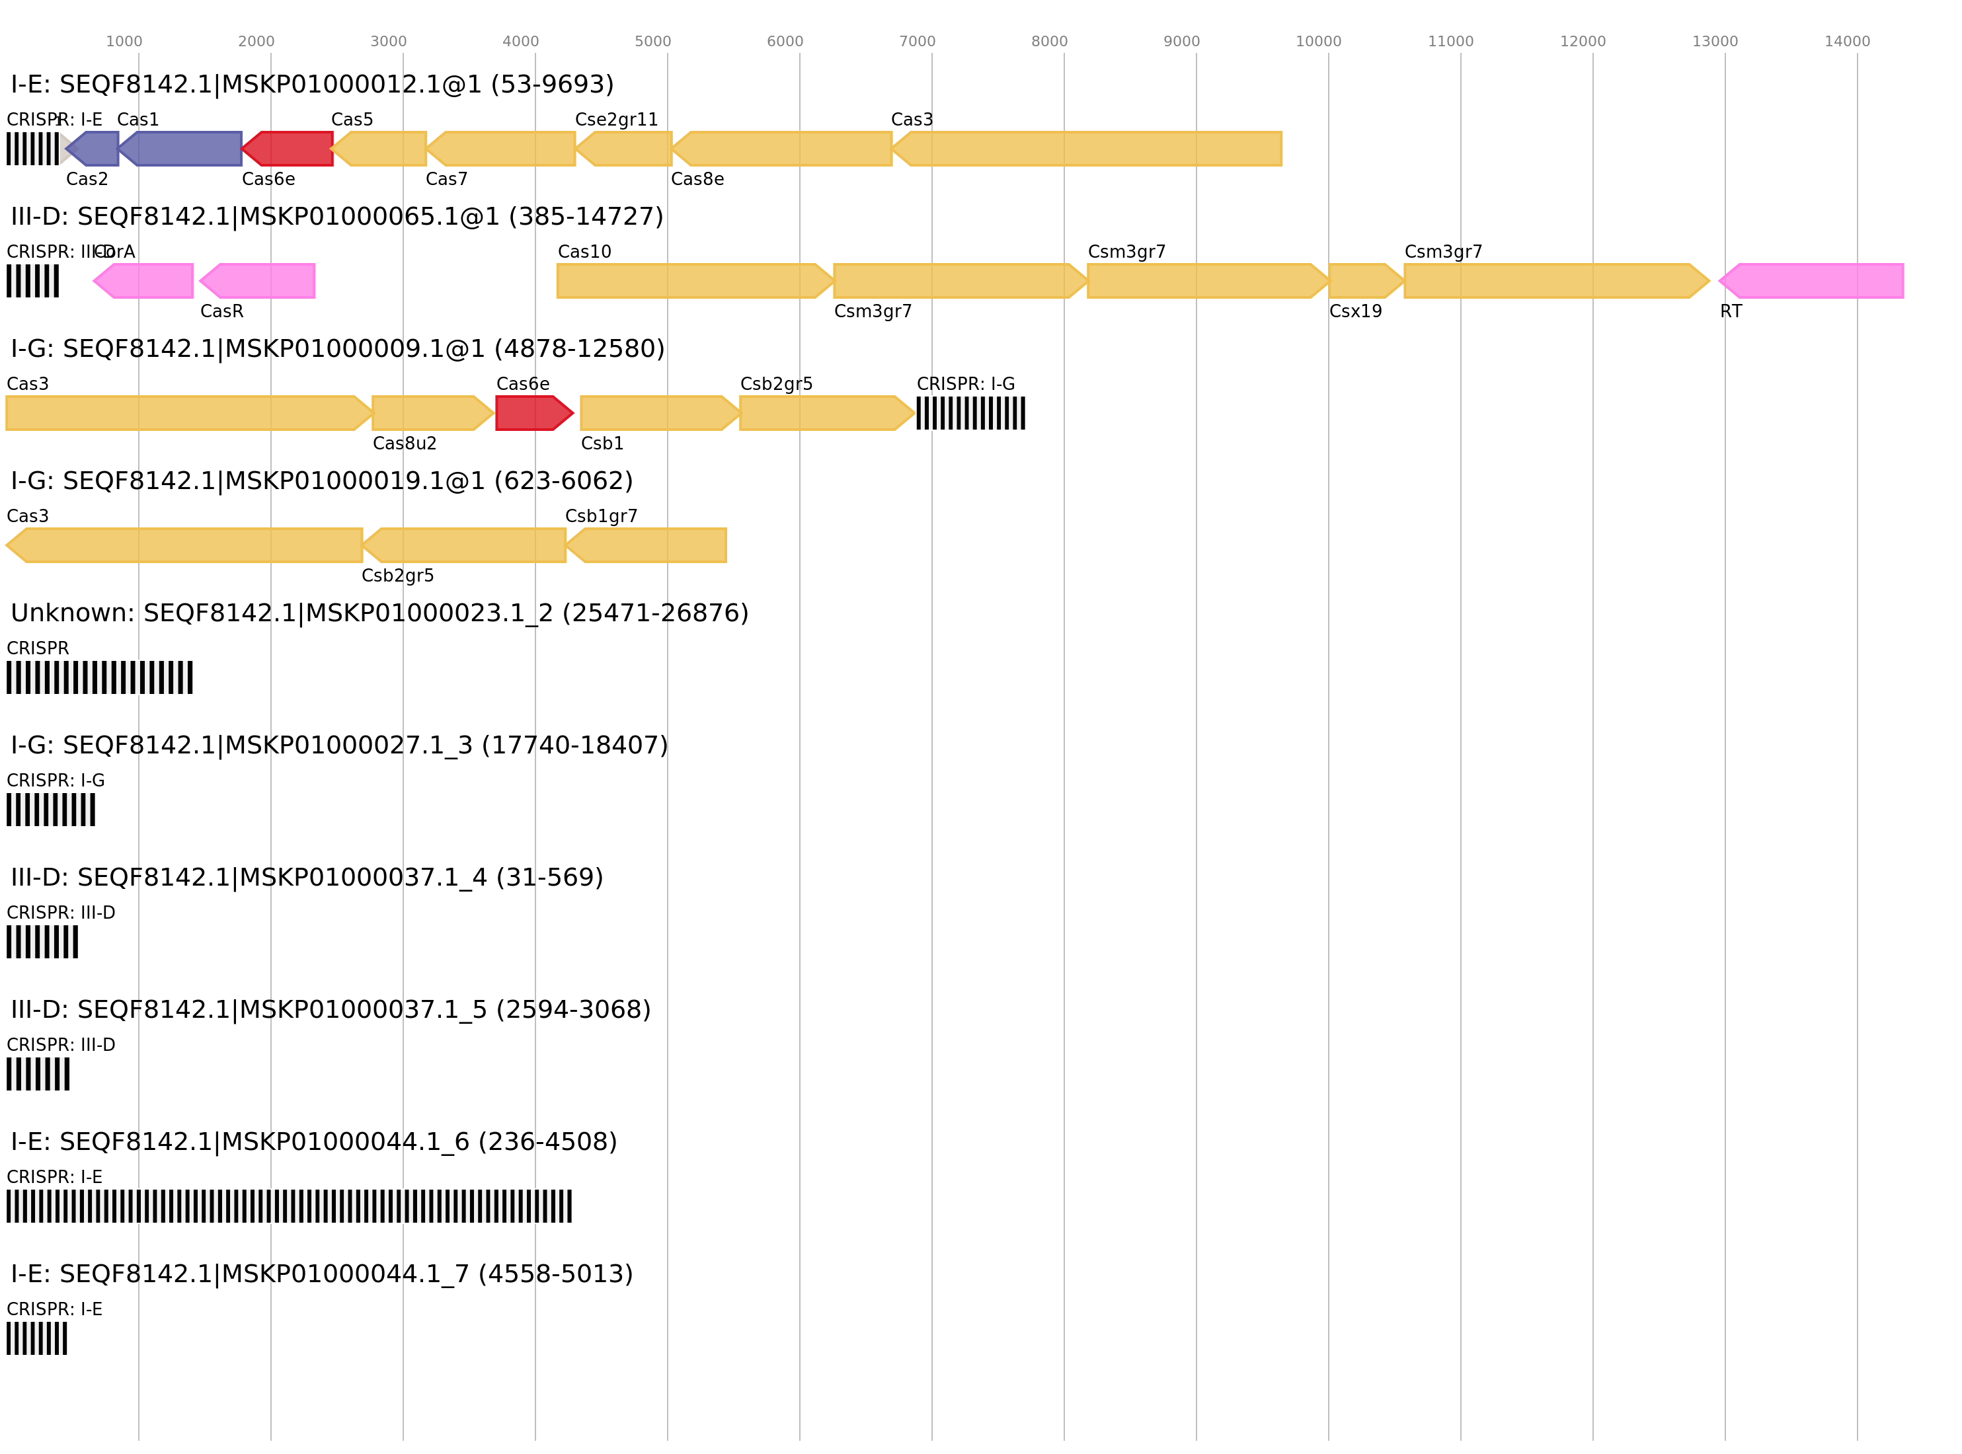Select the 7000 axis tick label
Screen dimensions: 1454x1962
[x=916, y=42]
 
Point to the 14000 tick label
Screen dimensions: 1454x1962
[x=1847, y=42]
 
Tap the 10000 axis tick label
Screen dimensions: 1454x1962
[x=1317, y=42]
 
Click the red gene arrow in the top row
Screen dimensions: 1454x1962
[x=289, y=149]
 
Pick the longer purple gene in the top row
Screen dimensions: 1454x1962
[x=182, y=149]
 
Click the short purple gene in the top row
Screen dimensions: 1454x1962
[x=95, y=149]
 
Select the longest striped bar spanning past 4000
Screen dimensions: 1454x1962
[x=289, y=1205]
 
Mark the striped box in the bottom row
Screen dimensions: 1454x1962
[x=37, y=1338]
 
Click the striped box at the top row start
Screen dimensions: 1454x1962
[x=32, y=149]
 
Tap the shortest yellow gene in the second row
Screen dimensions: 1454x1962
[x=1364, y=281]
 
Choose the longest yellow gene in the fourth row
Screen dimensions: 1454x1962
[x=185, y=545]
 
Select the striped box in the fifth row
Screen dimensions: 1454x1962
[x=99, y=677]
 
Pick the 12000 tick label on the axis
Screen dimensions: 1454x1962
[x=1583, y=42]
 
